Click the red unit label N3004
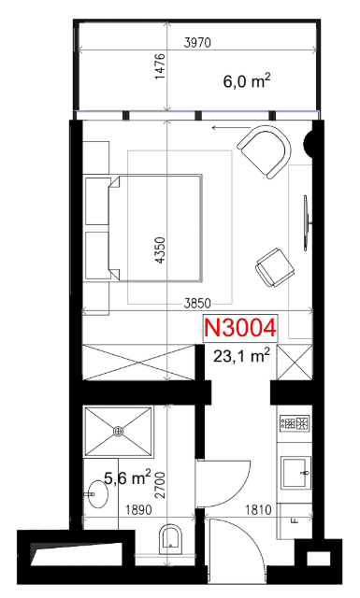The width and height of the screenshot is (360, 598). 240,328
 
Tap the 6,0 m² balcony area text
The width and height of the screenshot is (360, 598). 247,81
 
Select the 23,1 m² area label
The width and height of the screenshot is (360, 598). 241,356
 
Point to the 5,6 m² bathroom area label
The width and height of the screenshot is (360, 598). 127,477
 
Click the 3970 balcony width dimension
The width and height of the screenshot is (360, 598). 197,42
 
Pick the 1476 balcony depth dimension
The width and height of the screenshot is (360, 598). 160,66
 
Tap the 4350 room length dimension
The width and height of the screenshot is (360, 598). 161,249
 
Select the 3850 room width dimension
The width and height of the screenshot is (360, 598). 197,303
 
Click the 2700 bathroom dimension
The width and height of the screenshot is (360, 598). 160,485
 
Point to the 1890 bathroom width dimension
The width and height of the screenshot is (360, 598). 138,509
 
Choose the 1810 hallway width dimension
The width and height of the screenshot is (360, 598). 258,509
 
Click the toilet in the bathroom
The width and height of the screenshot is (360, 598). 170,539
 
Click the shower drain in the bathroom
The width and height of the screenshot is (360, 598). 119,431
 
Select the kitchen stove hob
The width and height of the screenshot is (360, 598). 295,423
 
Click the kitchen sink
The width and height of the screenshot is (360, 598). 295,473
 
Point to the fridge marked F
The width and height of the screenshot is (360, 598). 295,521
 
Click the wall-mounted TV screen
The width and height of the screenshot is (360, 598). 306,223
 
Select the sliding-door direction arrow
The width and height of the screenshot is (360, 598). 231,128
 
